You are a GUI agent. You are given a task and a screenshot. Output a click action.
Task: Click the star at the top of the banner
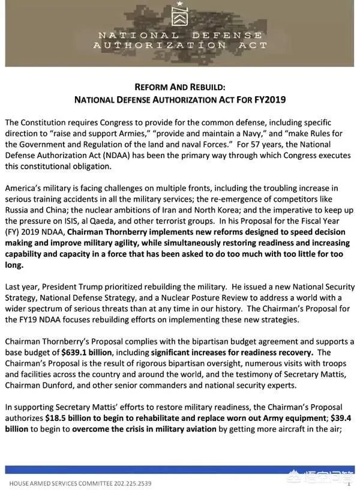pyautogui.click(x=179, y=4)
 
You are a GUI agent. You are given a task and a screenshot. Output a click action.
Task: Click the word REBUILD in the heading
pyautogui.click(x=204, y=86)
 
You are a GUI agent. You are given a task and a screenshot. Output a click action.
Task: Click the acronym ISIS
pyautogui.click(x=77, y=220)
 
